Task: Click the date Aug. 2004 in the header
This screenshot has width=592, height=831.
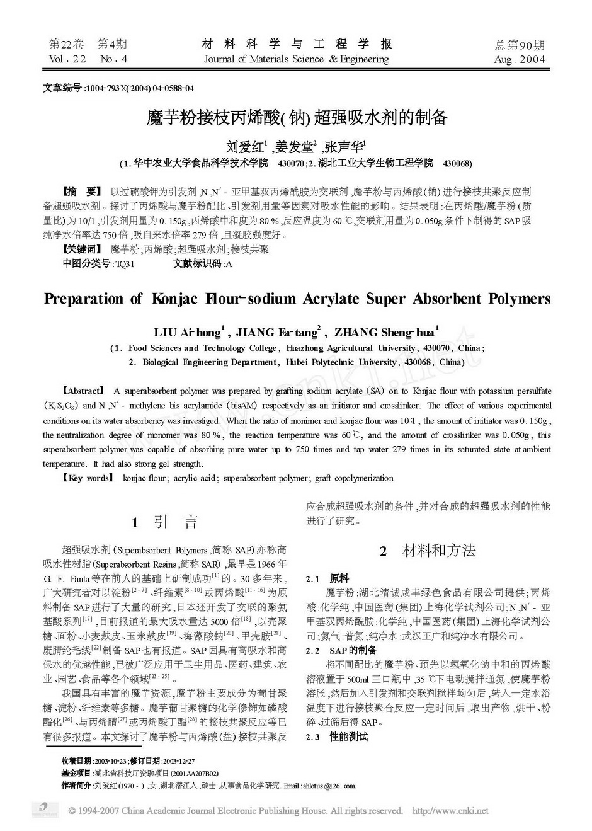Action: click(520, 60)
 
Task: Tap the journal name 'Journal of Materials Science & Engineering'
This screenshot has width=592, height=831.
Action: click(296, 59)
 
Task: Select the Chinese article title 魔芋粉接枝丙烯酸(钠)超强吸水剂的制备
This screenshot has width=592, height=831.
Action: click(297, 117)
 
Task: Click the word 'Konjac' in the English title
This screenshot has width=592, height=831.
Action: click(175, 299)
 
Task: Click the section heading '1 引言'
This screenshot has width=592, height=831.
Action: click(165, 522)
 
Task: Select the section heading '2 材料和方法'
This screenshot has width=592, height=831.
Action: click(428, 551)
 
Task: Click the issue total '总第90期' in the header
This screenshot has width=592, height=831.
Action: click(520, 45)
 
